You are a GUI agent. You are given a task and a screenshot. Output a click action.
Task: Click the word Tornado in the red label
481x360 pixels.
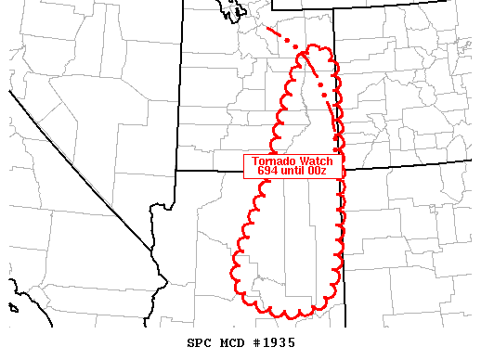pyautogui.click(x=273, y=161)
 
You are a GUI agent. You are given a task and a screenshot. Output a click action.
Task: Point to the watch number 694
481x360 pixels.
pyautogui.click(x=266, y=171)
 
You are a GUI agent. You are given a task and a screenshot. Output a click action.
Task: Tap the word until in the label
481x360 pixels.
pyautogui.click(x=297, y=171)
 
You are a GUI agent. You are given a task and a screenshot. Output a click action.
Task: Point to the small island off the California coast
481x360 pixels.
pyautogui.click(x=13, y=307)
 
